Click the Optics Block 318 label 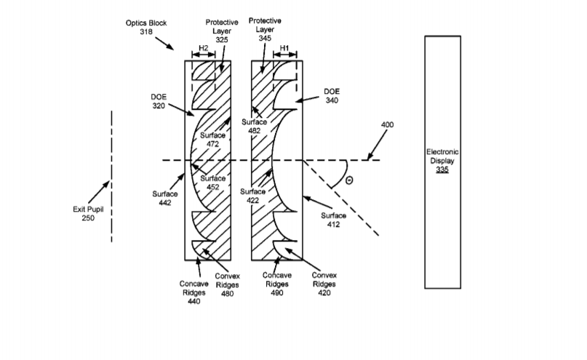click(146, 28)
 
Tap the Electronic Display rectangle click(442, 162)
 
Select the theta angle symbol click(349, 180)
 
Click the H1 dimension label click(284, 48)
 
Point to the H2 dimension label click(203, 48)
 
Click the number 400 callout click(388, 124)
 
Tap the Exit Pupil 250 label click(88, 213)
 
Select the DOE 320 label click(159, 101)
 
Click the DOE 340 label click(332, 96)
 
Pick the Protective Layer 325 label click(222, 31)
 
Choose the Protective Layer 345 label click(265, 29)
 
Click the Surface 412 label click(333, 220)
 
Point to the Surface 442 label click(164, 199)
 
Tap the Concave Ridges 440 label click(194, 292)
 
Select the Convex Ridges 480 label click(227, 285)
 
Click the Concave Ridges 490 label click(277, 284)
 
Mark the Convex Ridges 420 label click(324, 284)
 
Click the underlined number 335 click(442, 169)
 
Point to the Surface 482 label click(254, 126)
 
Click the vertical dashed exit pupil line click(111, 176)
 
